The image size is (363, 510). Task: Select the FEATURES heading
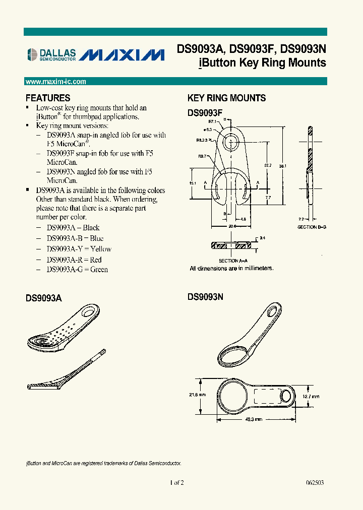48,98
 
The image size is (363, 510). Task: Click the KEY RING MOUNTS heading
226,98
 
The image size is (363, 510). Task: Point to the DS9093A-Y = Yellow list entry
79,249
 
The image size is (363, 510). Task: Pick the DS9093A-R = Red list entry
74,260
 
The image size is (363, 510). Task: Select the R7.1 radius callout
212,121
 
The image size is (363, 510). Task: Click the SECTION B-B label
312,227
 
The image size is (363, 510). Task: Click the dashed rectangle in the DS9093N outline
267,396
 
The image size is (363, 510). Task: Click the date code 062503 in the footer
315,482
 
